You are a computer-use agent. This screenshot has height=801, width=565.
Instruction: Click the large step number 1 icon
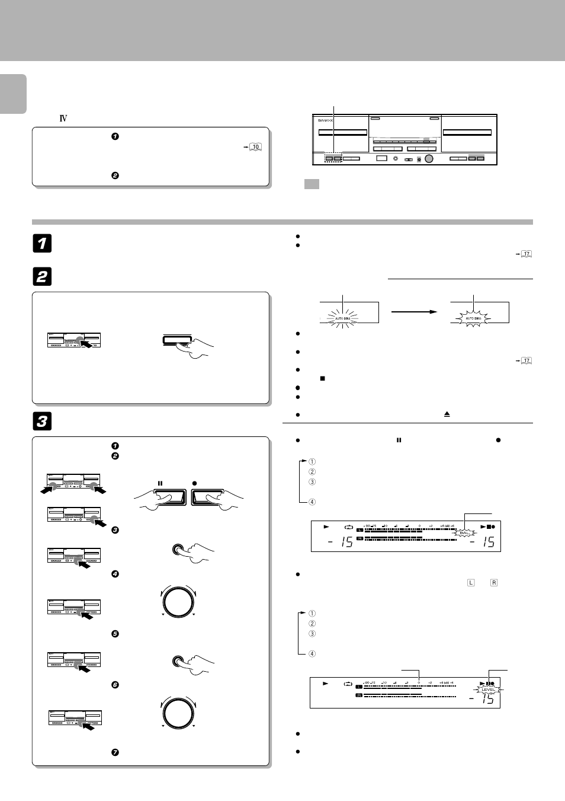point(43,243)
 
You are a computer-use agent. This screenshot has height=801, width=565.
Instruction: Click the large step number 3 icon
point(43,421)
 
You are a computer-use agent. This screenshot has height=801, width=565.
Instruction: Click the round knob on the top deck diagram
point(429,158)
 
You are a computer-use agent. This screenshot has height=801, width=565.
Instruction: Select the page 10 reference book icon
point(255,146)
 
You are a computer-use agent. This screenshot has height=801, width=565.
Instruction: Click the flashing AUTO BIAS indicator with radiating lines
point(342,318)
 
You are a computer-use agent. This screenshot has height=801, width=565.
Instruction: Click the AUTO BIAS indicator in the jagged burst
point(473,318)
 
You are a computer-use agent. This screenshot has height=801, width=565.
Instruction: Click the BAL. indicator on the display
point(464,532)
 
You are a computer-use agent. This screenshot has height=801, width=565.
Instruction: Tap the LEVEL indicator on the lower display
point(488,690)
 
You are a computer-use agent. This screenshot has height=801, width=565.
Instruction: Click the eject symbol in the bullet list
point(447,414)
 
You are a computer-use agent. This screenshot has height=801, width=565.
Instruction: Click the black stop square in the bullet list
point(322,378)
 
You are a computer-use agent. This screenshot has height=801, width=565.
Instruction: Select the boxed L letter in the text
point(471,583)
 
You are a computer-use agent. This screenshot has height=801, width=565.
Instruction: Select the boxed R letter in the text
point(494,583)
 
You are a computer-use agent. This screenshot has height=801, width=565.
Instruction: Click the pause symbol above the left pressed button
point(160,483)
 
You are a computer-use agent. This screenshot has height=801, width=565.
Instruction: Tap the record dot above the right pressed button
point(194,483)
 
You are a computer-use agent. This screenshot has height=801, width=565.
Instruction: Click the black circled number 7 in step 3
point(115,752)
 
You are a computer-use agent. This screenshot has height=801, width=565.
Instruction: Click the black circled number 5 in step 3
point(115,634)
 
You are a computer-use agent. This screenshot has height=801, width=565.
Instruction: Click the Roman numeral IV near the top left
point(63,119)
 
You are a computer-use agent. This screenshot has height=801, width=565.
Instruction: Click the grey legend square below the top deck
point(312,184)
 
